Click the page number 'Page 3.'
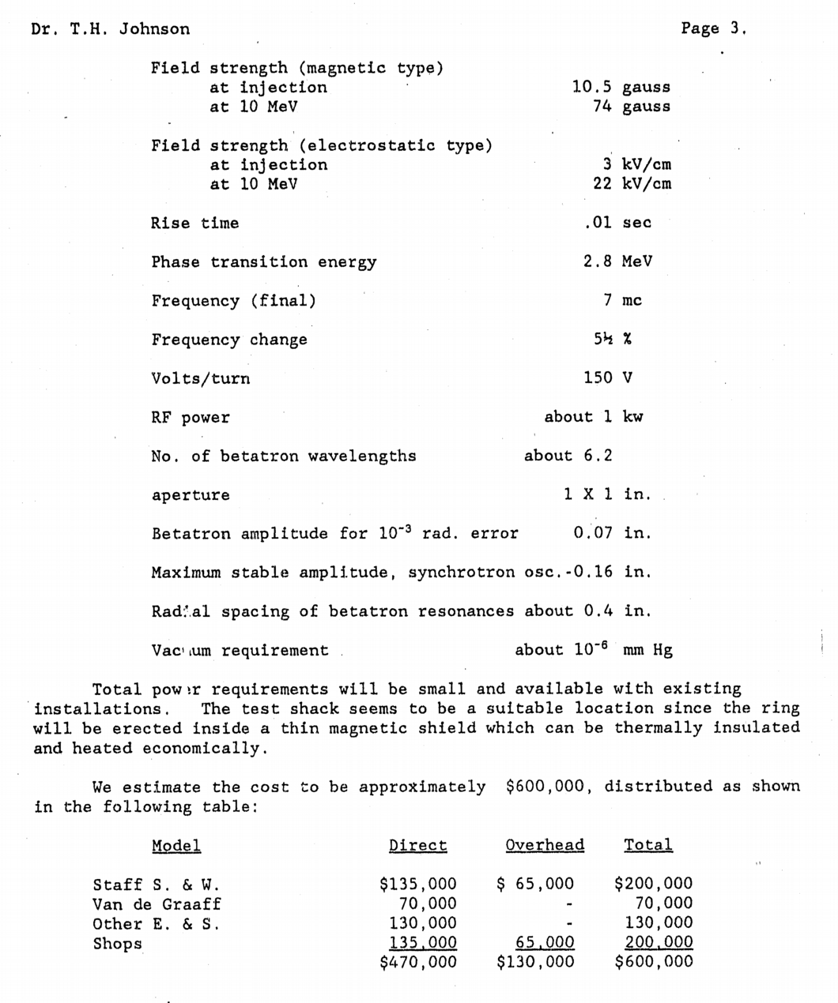[713, 28]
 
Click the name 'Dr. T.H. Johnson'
[111, 29]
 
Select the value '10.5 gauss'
[621, 87]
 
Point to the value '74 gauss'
[631, 106]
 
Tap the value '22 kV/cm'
[632, 183]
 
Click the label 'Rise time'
[194, 223]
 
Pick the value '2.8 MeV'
[617, 261]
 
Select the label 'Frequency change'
[229, 340]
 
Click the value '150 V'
[608, 378]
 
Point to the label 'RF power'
[191, 417]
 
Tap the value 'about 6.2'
[568, 456]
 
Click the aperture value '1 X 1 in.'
[607, 494]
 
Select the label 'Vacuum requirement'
[240, 650]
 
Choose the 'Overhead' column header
[545, 845]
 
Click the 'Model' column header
[176, 846]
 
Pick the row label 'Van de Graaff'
[157, 903]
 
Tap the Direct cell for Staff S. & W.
[417, 884]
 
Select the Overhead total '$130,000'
[535, 961]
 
